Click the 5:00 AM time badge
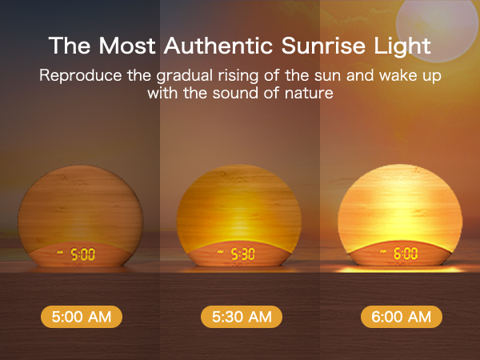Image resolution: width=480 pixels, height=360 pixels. click(x=81, y=317)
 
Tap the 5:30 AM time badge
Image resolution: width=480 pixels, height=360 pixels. click(x=241, y=317)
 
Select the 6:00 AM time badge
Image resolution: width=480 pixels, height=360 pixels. click(x=401, y=317)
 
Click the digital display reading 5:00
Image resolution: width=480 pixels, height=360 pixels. click(x=82, y=255)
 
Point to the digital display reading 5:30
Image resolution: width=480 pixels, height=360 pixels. click(x=243, y=255)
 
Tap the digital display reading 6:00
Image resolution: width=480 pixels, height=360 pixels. click(x=405, y=254)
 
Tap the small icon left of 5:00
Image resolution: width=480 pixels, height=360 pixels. click(x=62, y=254)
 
